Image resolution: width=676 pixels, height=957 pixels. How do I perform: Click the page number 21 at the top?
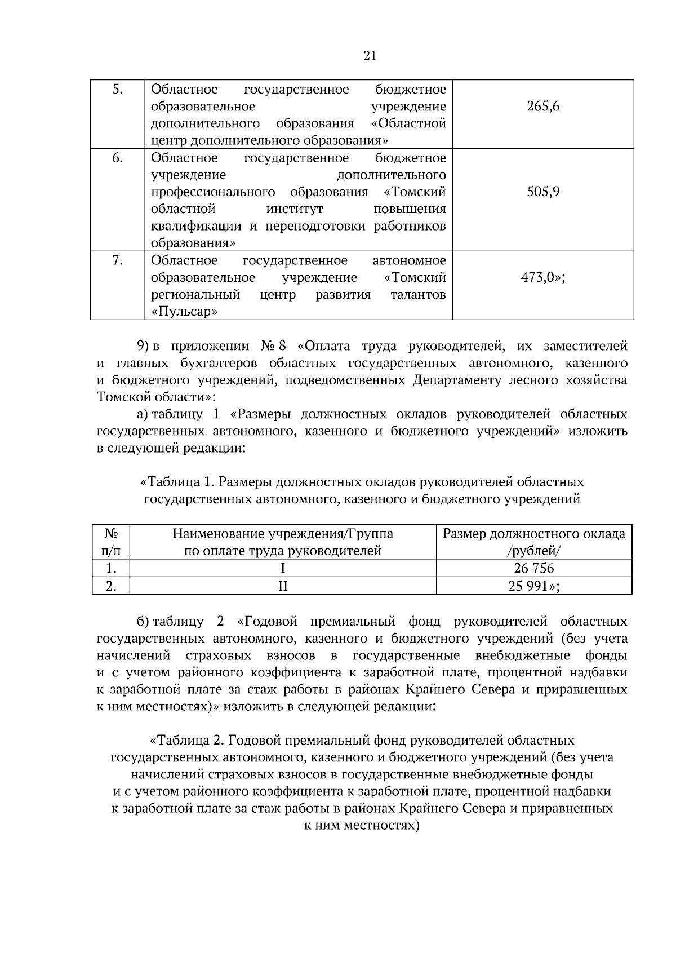370,55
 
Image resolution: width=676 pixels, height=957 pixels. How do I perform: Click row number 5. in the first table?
117,90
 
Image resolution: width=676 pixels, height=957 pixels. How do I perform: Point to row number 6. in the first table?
117,158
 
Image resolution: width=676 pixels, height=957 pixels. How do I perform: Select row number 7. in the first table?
117,260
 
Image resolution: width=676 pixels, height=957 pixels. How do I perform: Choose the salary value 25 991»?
533,586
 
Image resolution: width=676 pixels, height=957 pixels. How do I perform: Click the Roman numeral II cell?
283,586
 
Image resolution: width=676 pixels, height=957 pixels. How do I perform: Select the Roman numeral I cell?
283,569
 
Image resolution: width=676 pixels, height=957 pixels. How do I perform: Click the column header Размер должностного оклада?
533,534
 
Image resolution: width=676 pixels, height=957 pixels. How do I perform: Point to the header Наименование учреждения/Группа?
283,534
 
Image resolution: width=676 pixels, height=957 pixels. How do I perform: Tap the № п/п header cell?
111,542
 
